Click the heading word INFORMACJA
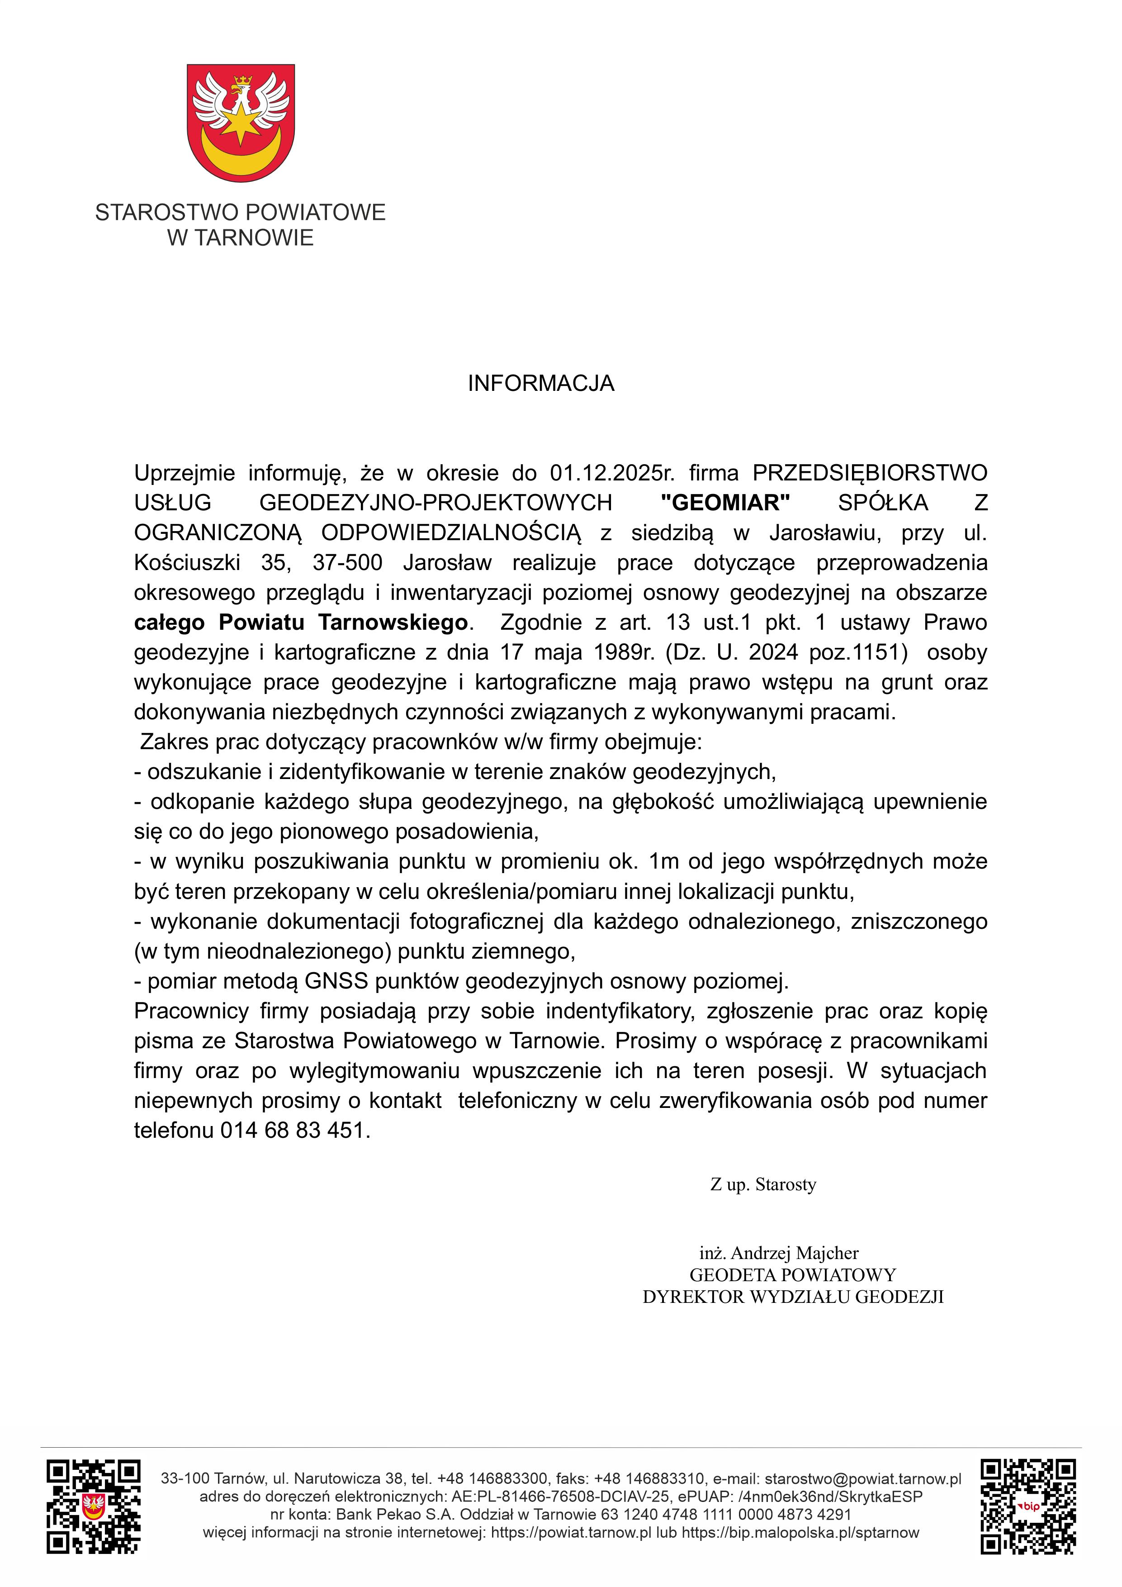pyautogui.click(x=540, y=384)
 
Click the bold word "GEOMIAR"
pyautogui.click(x=725, y=503)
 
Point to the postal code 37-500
pyautogui.click(x=347, y=563)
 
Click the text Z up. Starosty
pyautogui.click(x=763, y=1185)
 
